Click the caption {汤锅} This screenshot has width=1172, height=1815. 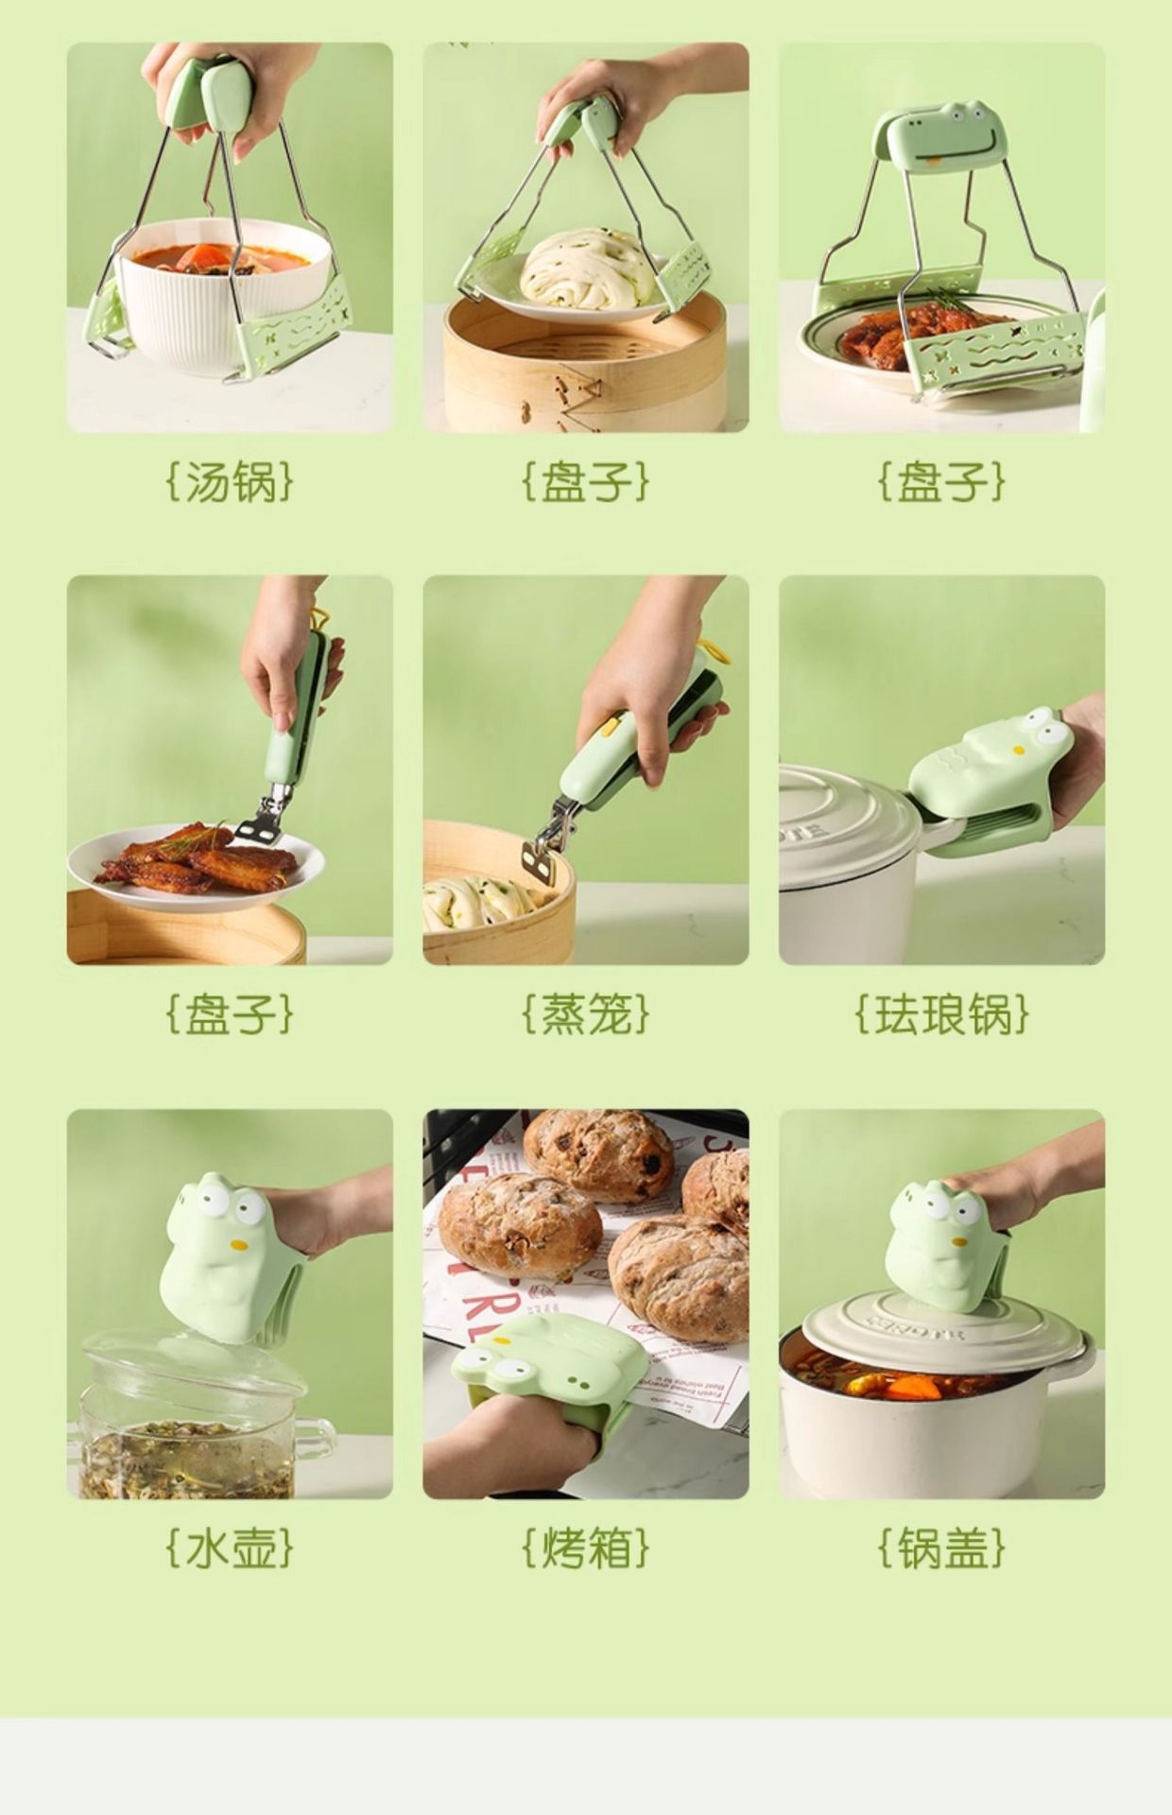coord(230,480)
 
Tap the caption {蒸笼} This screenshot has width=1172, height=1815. coord(586,1013)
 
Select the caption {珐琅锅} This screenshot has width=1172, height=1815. coord(941,1013)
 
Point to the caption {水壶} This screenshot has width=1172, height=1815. coord(230,1547)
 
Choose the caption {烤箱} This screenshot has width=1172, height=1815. coord(586,1547)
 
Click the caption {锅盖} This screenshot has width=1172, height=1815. coord(941,1547)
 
